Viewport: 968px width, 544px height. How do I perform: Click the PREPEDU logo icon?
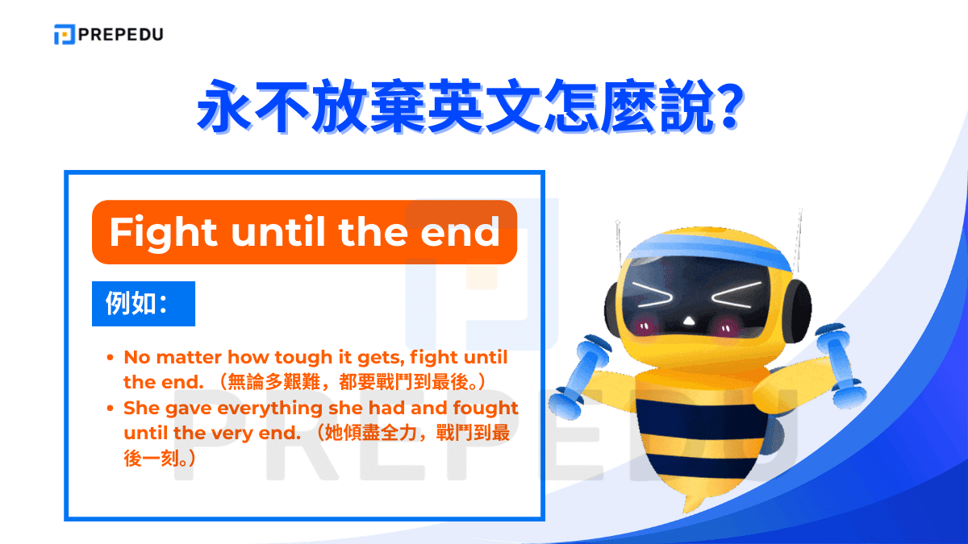(x=64, y=35)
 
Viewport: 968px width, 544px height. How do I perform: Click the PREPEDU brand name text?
(x=120, y=35)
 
